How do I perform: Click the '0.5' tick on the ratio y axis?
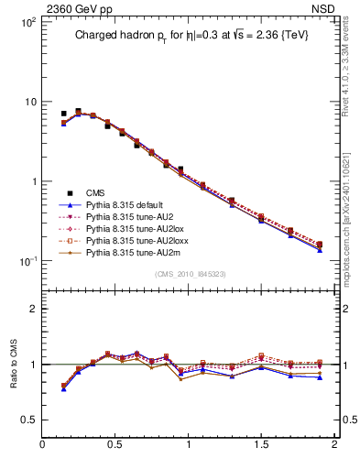coord(27,419)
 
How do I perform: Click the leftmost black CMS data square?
coord(63,114)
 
